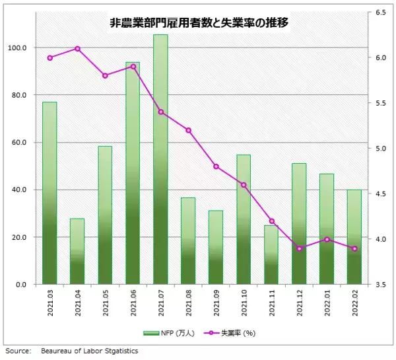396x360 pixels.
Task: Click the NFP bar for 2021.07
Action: [x=160, y=159]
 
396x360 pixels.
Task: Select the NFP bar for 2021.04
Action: [x=77, y=251]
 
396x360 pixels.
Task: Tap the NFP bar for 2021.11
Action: [x=271, y=254]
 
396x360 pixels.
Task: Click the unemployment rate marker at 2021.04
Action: [x=77, y=48]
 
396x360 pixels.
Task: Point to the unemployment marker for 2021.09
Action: [x=216, y=166]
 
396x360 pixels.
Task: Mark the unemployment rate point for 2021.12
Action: [x=299, y=248]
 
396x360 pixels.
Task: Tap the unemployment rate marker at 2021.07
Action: [x=160, y=112]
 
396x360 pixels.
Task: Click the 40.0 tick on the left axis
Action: [x=18, y=190]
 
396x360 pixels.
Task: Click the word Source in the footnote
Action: [x=17, y=351]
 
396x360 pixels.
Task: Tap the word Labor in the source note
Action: [x=91, y=351]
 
